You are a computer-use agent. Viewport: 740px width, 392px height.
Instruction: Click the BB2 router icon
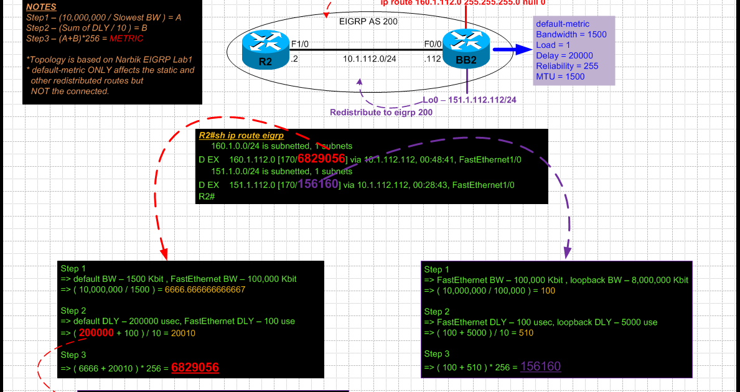coord(465,49)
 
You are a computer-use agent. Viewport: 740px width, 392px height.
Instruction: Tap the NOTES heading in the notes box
coord(41,7)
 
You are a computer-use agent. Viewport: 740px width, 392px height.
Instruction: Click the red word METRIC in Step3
coord(126,39)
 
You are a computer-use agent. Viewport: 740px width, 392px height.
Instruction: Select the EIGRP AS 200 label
coord(368,22)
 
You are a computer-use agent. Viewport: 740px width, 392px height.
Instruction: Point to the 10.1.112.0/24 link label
coord(369,58)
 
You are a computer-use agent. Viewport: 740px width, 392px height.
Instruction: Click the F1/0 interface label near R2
coord(299,44)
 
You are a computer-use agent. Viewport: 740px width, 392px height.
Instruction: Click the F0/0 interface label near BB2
coord(433,44)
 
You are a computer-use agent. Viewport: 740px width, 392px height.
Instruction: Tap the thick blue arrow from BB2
coord(512,49)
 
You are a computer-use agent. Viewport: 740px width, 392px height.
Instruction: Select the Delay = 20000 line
coord(564,55)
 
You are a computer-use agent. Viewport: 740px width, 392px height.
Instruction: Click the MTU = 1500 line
coord(560,77)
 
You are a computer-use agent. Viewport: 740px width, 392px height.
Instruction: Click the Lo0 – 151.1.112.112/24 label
coord(470,100)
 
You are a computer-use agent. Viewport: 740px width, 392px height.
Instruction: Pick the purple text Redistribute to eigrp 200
coord(381,112)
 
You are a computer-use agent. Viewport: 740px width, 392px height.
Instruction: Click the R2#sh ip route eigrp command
coord(241,135)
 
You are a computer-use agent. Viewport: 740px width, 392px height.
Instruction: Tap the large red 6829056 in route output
coord(321,159)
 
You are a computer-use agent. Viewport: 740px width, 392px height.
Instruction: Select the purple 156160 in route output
coord(318,184)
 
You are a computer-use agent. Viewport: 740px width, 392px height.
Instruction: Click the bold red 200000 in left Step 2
coord(96,333)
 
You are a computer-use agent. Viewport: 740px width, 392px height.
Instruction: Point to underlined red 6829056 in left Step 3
coord(195,368)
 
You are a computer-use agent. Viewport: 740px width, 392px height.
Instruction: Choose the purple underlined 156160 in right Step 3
coord(540,366)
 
